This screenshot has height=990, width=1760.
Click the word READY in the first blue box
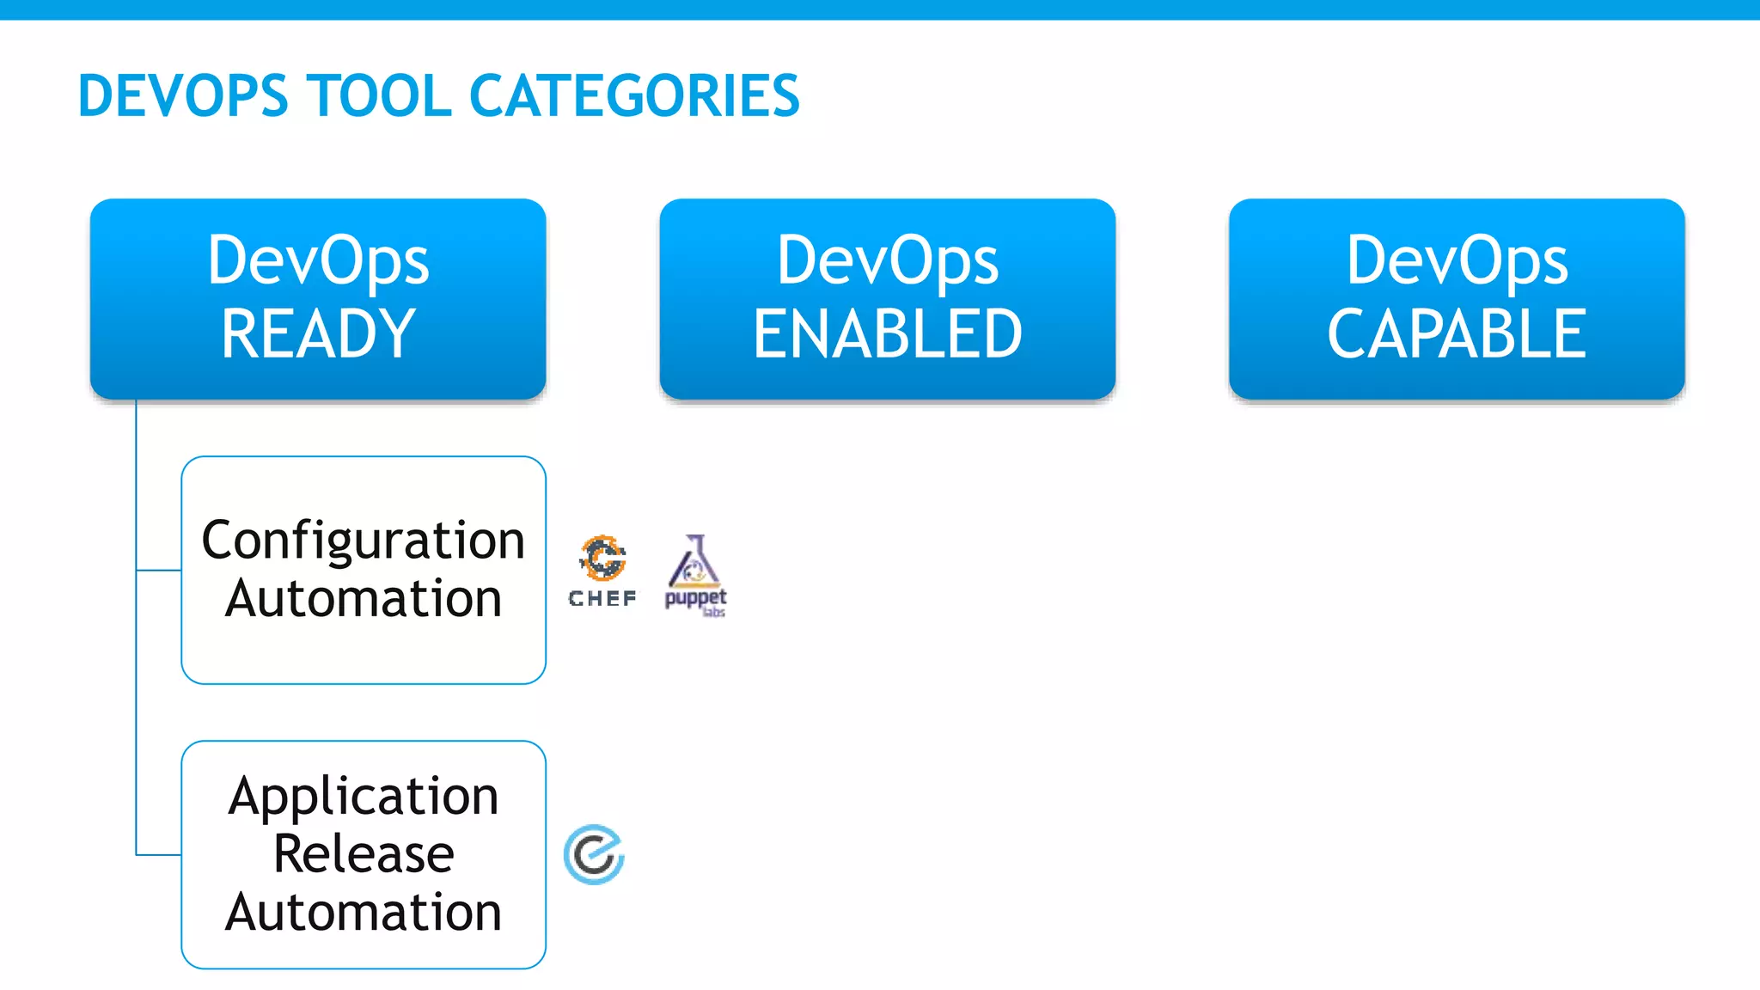[x=318, y=333]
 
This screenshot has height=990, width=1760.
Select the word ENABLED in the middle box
[x=888, y=333]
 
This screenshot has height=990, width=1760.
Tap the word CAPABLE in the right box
[x=1457, y=333]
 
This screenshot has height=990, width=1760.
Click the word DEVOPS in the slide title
[x=183, y=95]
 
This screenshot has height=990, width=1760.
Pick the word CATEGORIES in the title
[x=634, y=95]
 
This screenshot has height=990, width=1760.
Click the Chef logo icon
[x=602, y=558]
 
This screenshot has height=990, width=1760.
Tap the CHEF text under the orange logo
[x=602, y=598]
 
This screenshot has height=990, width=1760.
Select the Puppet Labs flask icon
[x=694, y=560]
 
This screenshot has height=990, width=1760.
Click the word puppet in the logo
[x=694, y=597]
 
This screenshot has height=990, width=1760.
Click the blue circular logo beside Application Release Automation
[x=594, y=854]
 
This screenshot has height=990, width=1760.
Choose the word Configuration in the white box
[x=364, y=540]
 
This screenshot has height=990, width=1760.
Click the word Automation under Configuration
[x=364, y=598]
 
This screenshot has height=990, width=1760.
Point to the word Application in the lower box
[x=364, y=796]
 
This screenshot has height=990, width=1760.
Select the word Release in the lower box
[x=364, y=853]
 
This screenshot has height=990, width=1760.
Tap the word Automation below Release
[x=364, y=912]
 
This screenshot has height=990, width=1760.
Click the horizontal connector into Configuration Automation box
[x=159, y=570]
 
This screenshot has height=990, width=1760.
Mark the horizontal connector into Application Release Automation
[x=159, y=854]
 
